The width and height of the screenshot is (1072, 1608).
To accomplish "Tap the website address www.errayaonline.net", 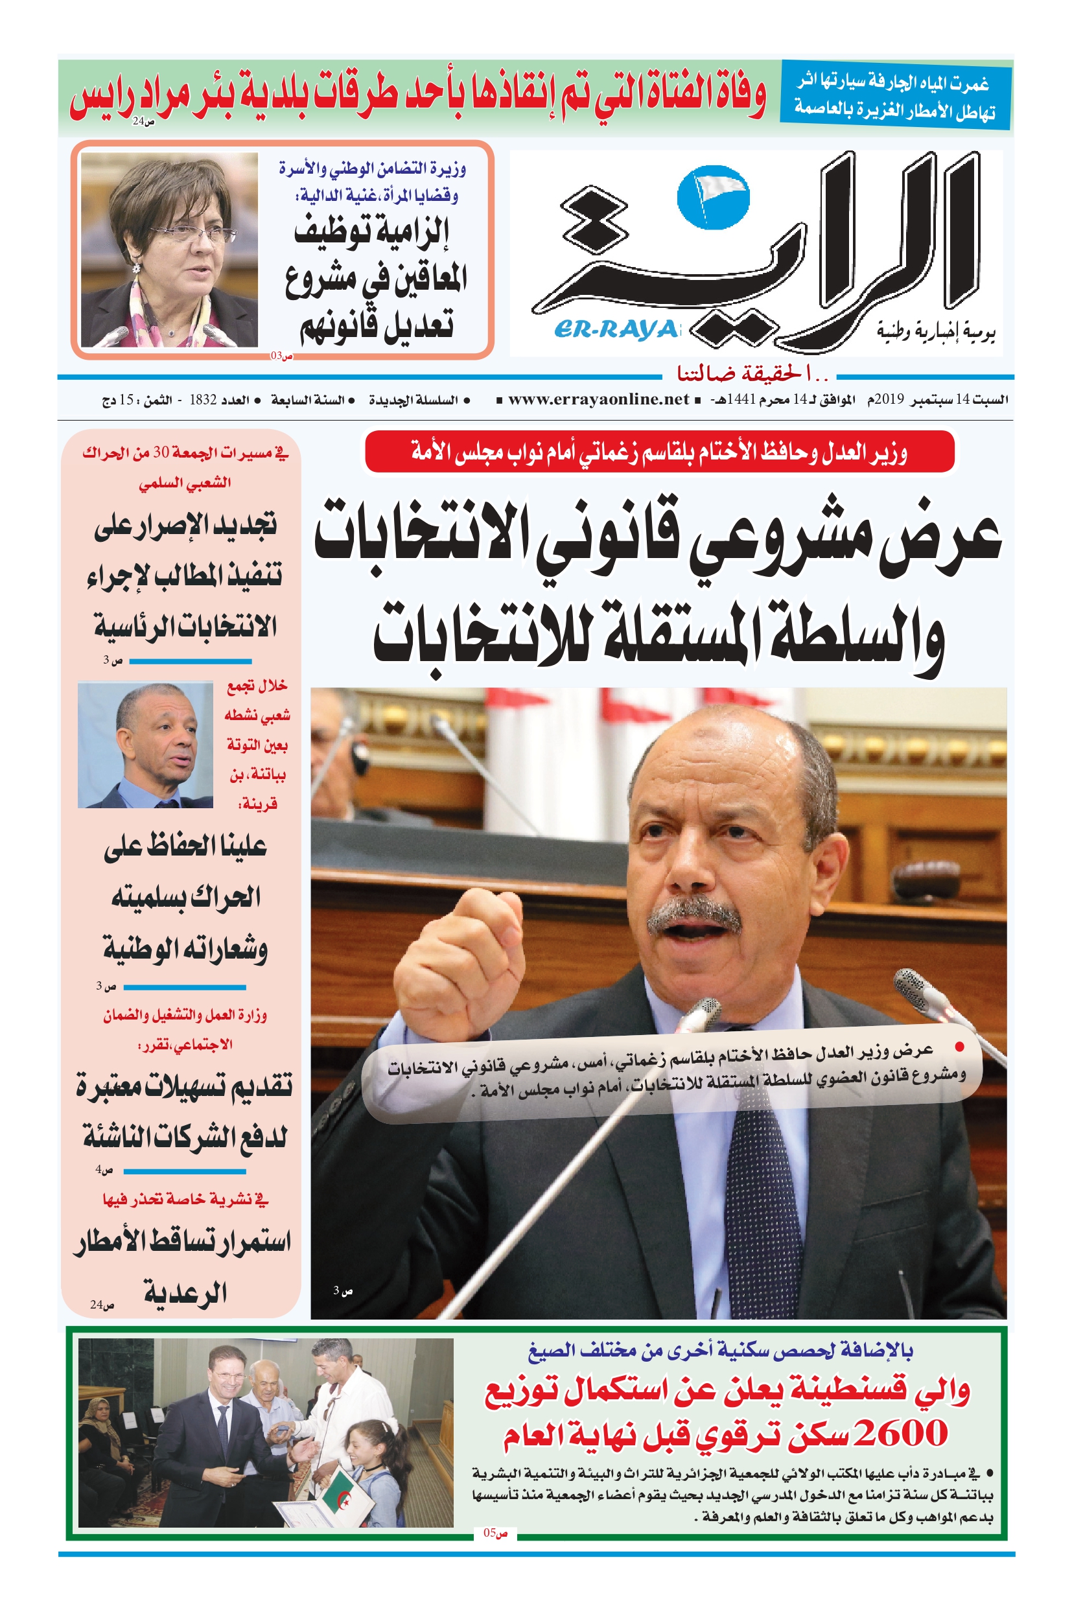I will (x=598, y=399).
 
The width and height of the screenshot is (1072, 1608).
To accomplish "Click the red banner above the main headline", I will (x=659, y=452).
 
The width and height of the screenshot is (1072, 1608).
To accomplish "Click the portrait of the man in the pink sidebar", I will (x=146, y=745).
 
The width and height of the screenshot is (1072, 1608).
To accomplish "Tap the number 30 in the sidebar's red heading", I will (x=161, y=452).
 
